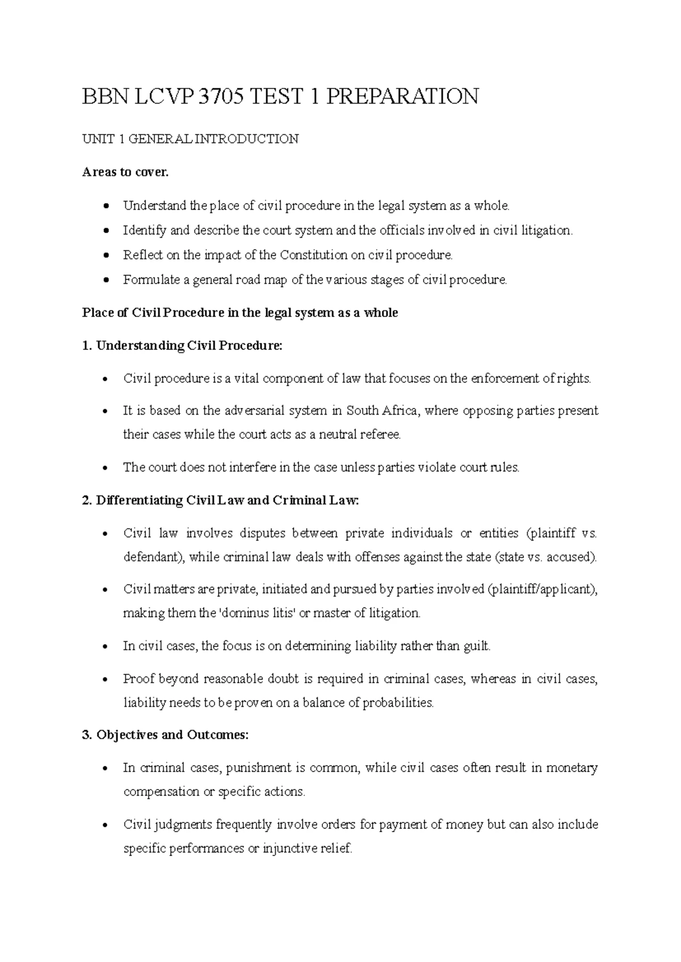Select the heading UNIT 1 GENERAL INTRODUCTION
(x=190, y=139)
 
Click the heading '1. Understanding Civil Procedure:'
(x=182, y=345)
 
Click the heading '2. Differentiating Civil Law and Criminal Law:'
(x=221, y=500)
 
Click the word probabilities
(x=398, y=703)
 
